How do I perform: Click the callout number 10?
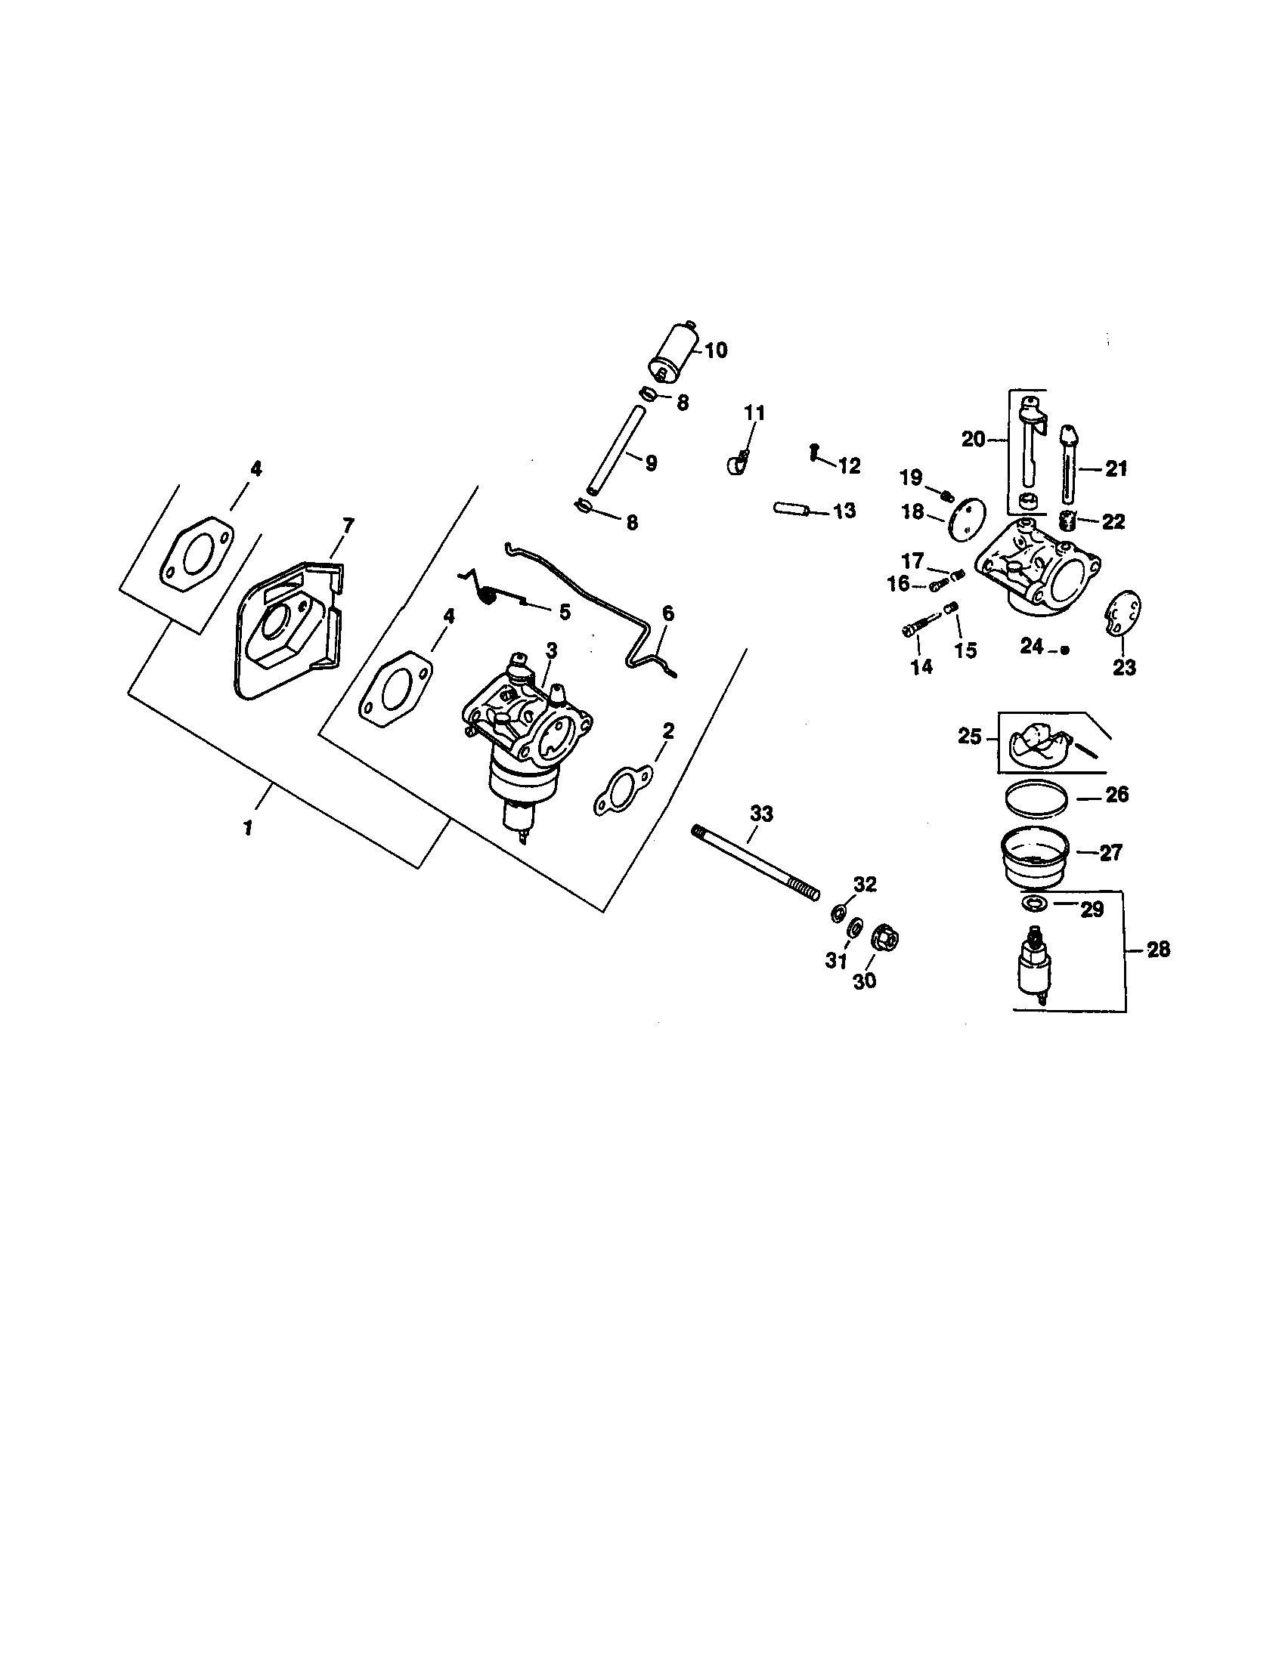(715, 351)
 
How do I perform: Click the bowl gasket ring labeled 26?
(1036, 799)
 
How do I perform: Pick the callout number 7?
(348, 525)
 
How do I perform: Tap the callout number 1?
(248, 827)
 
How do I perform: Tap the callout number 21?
(1115, 469)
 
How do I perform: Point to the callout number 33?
(760, 814)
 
